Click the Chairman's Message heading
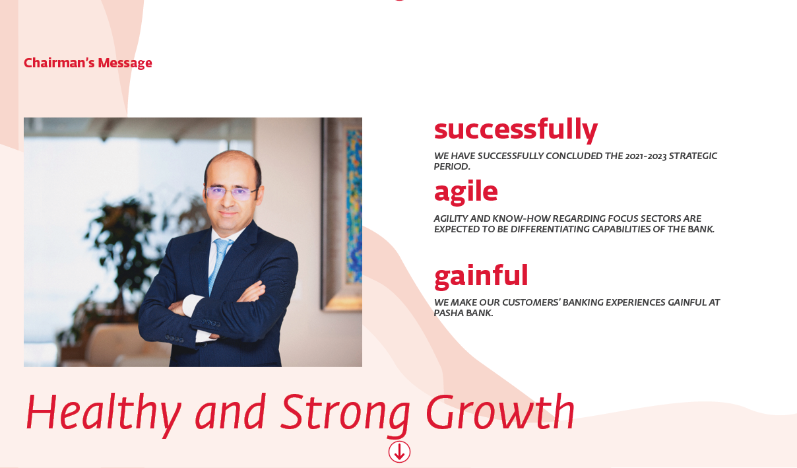[x=88, y=63]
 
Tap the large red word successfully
[x=516, y=130]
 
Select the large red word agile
[x=466, y=192]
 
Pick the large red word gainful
[x=481, y=277]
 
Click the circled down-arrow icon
[x=399, y=452]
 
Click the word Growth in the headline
[x=500, y=411]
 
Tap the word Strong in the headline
[x=345, y=414]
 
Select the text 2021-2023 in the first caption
[x=646, y=156]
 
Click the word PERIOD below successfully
[x=452, y=166]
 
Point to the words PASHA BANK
[x=463, y=313]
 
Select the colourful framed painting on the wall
[x=342, y=213]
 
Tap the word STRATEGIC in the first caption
[x=693, y=156]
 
